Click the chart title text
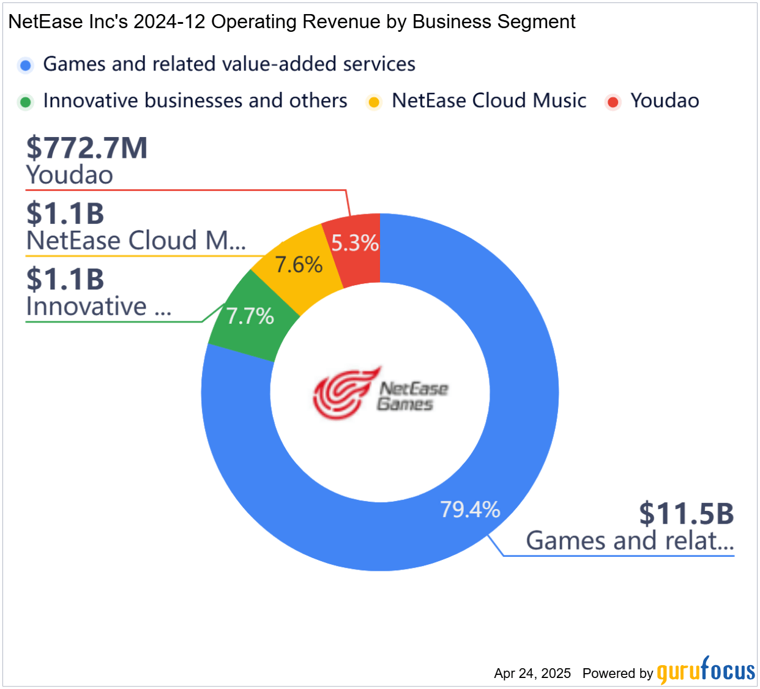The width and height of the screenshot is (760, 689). point(292,22)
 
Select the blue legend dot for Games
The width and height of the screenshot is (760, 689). point(26,65)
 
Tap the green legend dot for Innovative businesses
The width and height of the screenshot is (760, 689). point(26,102)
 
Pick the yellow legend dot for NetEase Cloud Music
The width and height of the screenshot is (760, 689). point(374,102)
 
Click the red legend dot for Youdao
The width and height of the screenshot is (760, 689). point(613,102)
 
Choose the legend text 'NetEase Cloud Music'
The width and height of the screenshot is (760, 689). point(489,101)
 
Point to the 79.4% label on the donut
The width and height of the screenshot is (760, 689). point(470,509)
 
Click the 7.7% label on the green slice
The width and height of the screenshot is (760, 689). point(250,316)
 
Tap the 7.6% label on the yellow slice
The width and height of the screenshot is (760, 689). point(299,265)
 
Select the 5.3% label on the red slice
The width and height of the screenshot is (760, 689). point(355,244)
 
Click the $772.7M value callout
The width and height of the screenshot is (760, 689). point(87,148)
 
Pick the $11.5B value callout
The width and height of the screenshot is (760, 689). point(686,513)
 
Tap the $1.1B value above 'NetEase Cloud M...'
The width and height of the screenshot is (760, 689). point(65,214)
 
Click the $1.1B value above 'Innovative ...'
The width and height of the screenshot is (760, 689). point(65,280)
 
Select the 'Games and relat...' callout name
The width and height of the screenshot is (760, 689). point(630,541)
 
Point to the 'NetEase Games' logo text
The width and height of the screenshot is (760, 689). point(412,396)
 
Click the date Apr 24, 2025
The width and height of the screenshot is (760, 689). point(532,674)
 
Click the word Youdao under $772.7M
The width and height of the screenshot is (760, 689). point(70,176)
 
